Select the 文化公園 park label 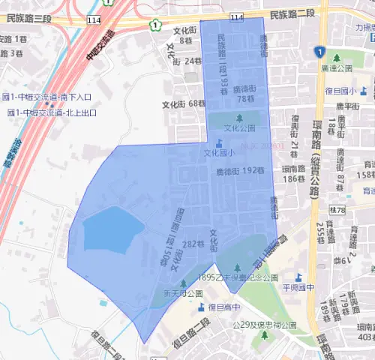tap(240, 128)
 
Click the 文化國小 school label tap(219, 153)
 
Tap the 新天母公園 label tap(183, 293)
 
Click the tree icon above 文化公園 tap(240, 118)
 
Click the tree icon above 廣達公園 tap(335, 58)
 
